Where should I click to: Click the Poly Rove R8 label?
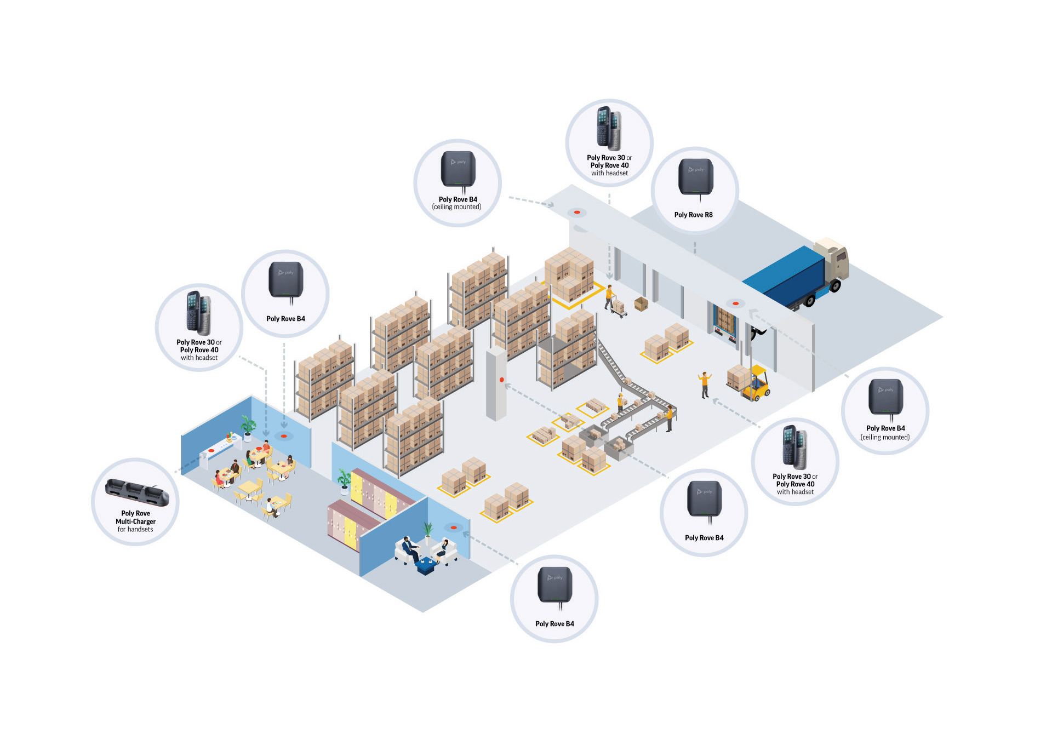click(x=693, y=215)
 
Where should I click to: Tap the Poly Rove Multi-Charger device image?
click(x=137, y=491)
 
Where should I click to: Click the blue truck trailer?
click(x=786, y=277)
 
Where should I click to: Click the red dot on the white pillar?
click(x=501, y=380)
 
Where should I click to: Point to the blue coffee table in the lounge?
click(x=426, y=565)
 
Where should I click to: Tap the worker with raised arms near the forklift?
click(x=705, y=384)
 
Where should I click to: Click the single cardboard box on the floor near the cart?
click(x=641, y=303)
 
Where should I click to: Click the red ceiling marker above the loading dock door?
click(x=735, y=303)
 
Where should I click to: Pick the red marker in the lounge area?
click(x=453, y=527)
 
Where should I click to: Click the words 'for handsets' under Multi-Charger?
click(x=135, y=530)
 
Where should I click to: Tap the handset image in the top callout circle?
click(x=609, y=128)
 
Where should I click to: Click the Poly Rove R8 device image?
click(x=695, y=176)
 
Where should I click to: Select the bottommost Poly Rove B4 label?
click(x=554, y=624)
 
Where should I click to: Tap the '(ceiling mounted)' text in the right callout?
click(x=885, y=437)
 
